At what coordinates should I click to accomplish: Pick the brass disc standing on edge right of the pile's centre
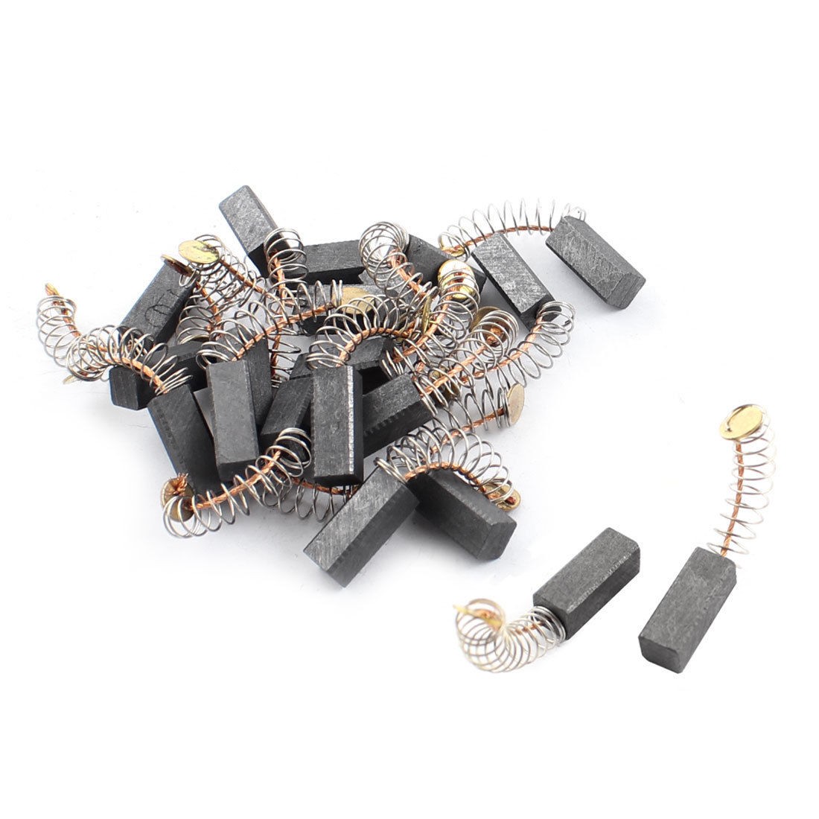[512, 403]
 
